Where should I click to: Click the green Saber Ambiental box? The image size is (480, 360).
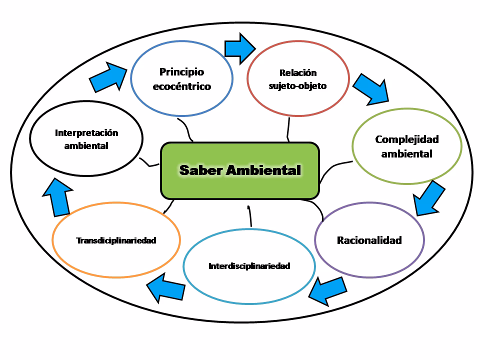pyautogui.click(x=239, y=170)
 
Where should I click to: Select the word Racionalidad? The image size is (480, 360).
pyautogui.click(x=369, y=240)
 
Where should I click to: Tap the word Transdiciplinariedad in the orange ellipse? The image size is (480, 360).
pyautogui.click(x=116, y=240)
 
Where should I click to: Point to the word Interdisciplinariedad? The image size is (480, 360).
pyautogui.click(x=249, y=266)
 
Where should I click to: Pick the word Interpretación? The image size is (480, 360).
pyautogui.click(x=86, y=133)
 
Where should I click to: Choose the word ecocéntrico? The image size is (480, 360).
pyautogui.click(x=181, y=86)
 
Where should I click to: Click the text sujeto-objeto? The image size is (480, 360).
pyautogui.click(x=297, y=85)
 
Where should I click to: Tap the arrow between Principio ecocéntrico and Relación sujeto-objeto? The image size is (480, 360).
pyautogui.click(x=239, y=48)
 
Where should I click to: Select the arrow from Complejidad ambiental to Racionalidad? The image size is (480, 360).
pyautogui.click(x=429, y=198)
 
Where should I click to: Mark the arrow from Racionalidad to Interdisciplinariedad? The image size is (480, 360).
pyautogui.click(x=328, y=290)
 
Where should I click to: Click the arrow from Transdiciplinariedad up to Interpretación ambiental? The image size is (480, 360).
pyautogui.click(x=56, y=196)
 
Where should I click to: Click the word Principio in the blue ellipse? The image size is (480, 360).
pyautogui.click(x=181, y=71)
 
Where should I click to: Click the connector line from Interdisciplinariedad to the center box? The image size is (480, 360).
pyautogui.click(x=249, y=216)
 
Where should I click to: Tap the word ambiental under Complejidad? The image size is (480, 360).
pyautogui.click(x=406, y=153)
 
